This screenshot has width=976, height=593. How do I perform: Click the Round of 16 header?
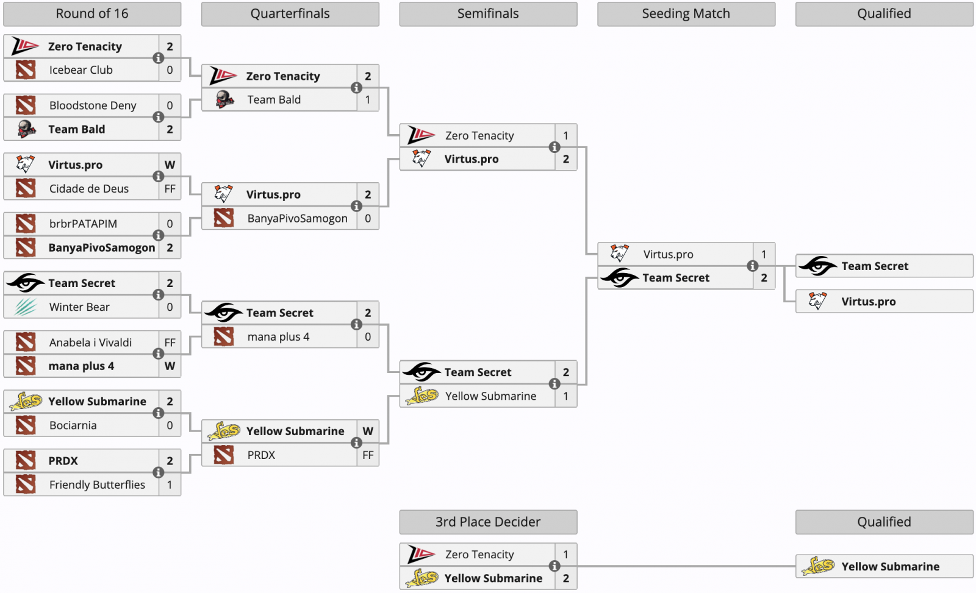click(92, 14)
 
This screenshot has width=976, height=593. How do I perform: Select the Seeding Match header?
click(686, 14)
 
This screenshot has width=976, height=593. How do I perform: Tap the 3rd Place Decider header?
click(488, 522)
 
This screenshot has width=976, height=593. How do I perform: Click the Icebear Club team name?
click(81, 70)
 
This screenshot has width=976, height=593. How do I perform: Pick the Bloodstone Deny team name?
click(93, 105)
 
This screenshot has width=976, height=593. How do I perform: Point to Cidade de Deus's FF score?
click(170, 188)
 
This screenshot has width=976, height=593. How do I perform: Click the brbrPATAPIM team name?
click(83, 224)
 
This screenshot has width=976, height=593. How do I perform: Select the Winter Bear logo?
click(26, 307)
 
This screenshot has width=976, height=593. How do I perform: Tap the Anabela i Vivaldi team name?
click(90, 343)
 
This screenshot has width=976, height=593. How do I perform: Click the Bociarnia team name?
click(73, 425)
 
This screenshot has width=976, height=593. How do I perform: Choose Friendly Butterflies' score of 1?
click(170, 485)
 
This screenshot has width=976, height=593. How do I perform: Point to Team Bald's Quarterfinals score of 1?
click(368, 100)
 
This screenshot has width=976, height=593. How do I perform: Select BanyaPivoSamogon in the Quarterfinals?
click(297, 219)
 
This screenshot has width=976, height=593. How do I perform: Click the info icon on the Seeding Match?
click(752, 266)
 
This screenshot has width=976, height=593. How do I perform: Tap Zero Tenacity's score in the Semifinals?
click(565, 136)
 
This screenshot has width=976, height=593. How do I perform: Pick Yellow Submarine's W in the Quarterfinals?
click(368, 431)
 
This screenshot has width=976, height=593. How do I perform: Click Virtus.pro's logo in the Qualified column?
click(817, 301)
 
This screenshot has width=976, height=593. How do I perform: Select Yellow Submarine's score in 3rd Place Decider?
click(565, 578)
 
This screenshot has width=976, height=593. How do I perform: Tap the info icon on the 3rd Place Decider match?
click(554, 566)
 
